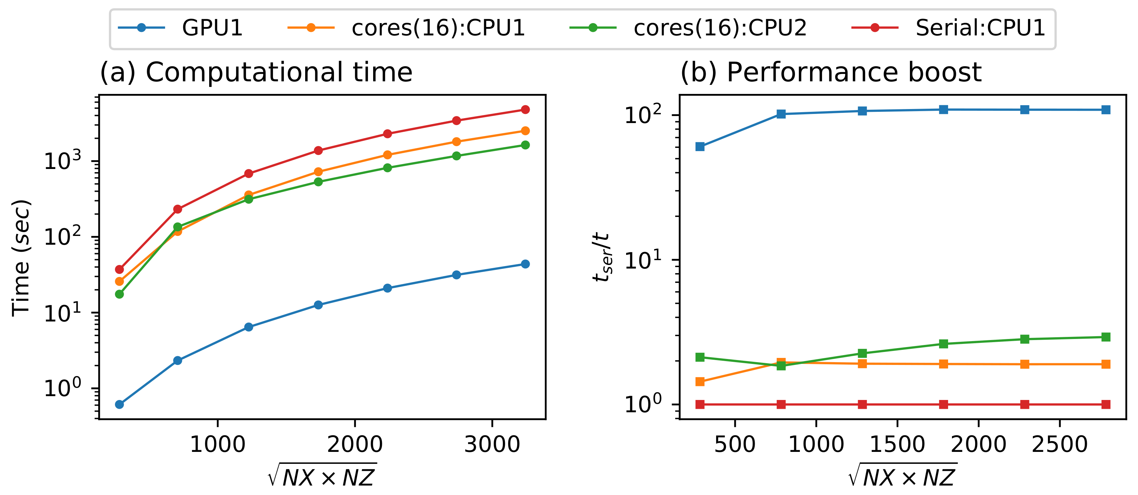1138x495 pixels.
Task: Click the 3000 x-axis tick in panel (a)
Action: click(492, 444)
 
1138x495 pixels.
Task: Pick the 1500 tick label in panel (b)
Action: click(897, 444)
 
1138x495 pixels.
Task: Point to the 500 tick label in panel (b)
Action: click(735, 444)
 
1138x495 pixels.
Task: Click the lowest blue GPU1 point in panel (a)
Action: click(119, 405)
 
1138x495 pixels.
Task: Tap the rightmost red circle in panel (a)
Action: click(525, 110)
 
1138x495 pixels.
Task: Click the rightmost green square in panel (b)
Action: click(1106, 337)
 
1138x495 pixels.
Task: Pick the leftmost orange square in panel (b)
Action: click(700, 381)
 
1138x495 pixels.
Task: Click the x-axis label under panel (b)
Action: click(903, 476)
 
